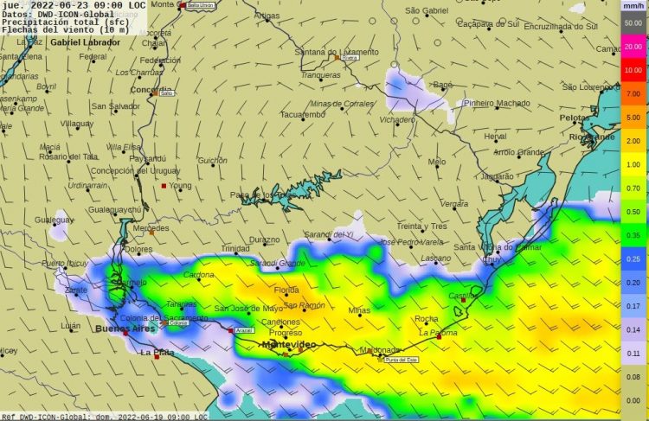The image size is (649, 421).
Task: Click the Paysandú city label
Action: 146,158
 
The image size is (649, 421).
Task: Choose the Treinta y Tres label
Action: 421,226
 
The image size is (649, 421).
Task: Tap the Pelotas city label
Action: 575,117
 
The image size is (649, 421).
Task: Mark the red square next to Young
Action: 164,185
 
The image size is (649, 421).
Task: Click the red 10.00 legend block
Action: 633,69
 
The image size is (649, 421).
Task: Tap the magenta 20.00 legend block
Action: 633,46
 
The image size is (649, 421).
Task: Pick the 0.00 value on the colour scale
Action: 633,400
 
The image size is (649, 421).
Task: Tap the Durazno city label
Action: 264,239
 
